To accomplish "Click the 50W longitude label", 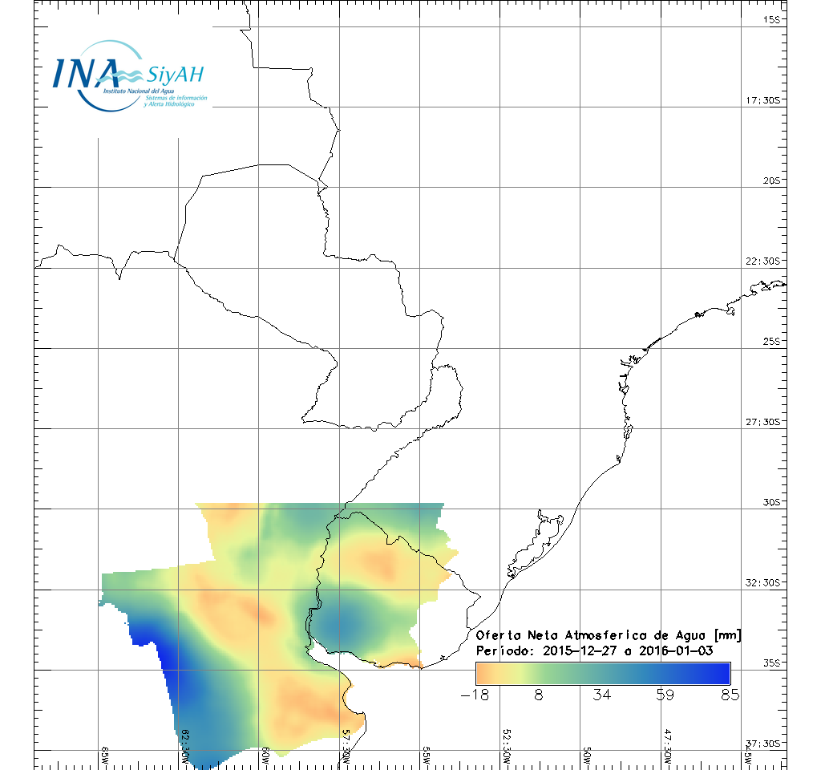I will (x=587, y=756).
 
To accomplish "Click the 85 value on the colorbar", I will (x=729, y=695).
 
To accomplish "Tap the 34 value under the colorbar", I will (x=601, y=695).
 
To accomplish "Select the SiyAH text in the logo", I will (x=175, y=75).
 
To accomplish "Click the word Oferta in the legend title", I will (x=499, y=636).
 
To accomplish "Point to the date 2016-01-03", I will (x=676, y=650).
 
